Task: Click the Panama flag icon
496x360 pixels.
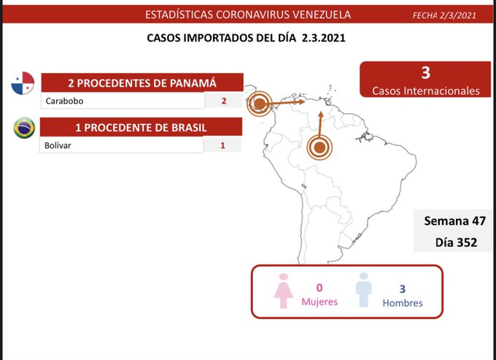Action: (23, 84)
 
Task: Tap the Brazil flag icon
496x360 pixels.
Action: (24, 129)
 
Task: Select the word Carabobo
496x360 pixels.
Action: (64, 101)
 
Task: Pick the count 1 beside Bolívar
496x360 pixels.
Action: (222, 146)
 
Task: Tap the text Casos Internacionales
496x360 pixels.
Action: (426, 91)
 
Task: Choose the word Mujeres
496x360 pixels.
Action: (319, 302)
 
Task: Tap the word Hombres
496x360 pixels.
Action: (402, 302)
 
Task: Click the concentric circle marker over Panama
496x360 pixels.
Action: (259, 104)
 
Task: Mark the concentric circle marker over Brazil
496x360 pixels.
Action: (319, 147)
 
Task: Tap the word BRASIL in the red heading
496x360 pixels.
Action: (182, 128)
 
